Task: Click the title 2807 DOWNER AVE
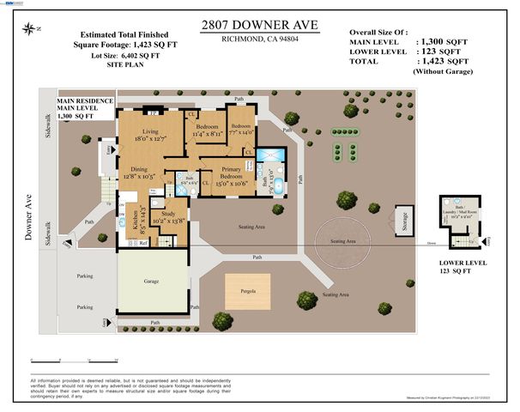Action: pos(259,26)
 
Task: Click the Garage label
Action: pos(151,281)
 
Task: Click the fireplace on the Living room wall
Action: pos(154,112)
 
